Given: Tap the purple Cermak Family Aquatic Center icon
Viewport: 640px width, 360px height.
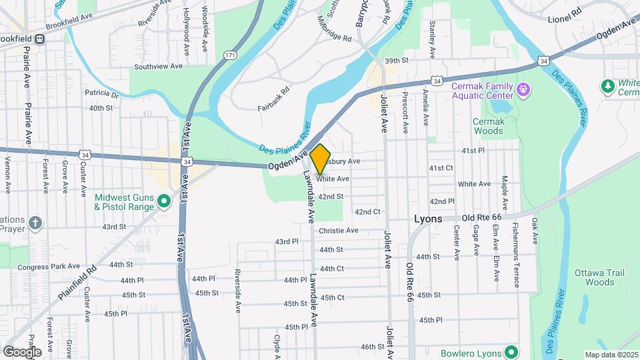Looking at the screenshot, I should pos(523,88).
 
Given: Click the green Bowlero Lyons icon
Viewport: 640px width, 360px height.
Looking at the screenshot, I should pos(511,351).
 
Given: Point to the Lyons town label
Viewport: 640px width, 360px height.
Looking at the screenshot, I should pos(427,219).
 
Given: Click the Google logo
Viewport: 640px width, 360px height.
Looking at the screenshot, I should pos(22,352).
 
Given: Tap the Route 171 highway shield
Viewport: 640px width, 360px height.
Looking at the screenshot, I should pos(230,55).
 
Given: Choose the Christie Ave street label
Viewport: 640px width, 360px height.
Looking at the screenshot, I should pos(339,231).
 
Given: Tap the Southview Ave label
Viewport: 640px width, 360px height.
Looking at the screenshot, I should pos(158,67).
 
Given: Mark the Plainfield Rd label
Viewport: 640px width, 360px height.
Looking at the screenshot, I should pos(77,281).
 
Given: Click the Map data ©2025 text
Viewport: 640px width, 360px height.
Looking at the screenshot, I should pos(611,355).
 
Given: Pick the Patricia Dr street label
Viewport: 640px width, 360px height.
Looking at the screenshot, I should pos(101,94).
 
